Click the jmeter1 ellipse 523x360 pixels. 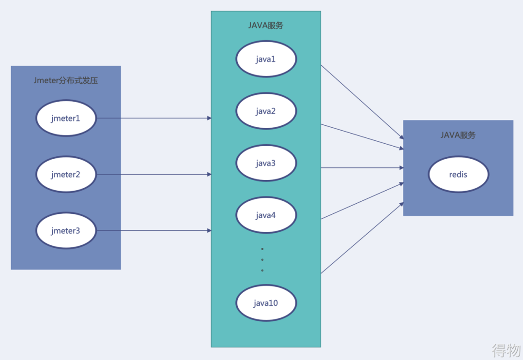[66, 118]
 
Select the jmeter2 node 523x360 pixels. [66, 174]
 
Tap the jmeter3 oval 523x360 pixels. [66, 231]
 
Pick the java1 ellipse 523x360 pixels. [266, 59]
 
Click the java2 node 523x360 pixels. [266, 111]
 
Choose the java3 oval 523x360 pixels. [266, 163]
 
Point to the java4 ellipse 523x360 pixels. [266, 215]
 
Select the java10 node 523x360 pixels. [266, 303]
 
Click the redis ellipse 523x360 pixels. [458, 174]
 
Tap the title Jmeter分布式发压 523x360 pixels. [66, 80]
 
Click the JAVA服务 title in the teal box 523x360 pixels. [266, 25]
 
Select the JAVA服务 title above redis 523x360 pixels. [458, 135]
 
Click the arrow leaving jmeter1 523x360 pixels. [154, 118]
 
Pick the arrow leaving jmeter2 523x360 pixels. [154, 174]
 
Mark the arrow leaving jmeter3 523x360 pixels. [154, 231]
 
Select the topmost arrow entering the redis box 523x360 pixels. [362, 102]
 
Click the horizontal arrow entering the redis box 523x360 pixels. [362, 168]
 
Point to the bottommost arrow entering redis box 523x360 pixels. [362, 238]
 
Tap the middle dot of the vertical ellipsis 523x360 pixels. [262, 260]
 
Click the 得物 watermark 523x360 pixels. [506, 350]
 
